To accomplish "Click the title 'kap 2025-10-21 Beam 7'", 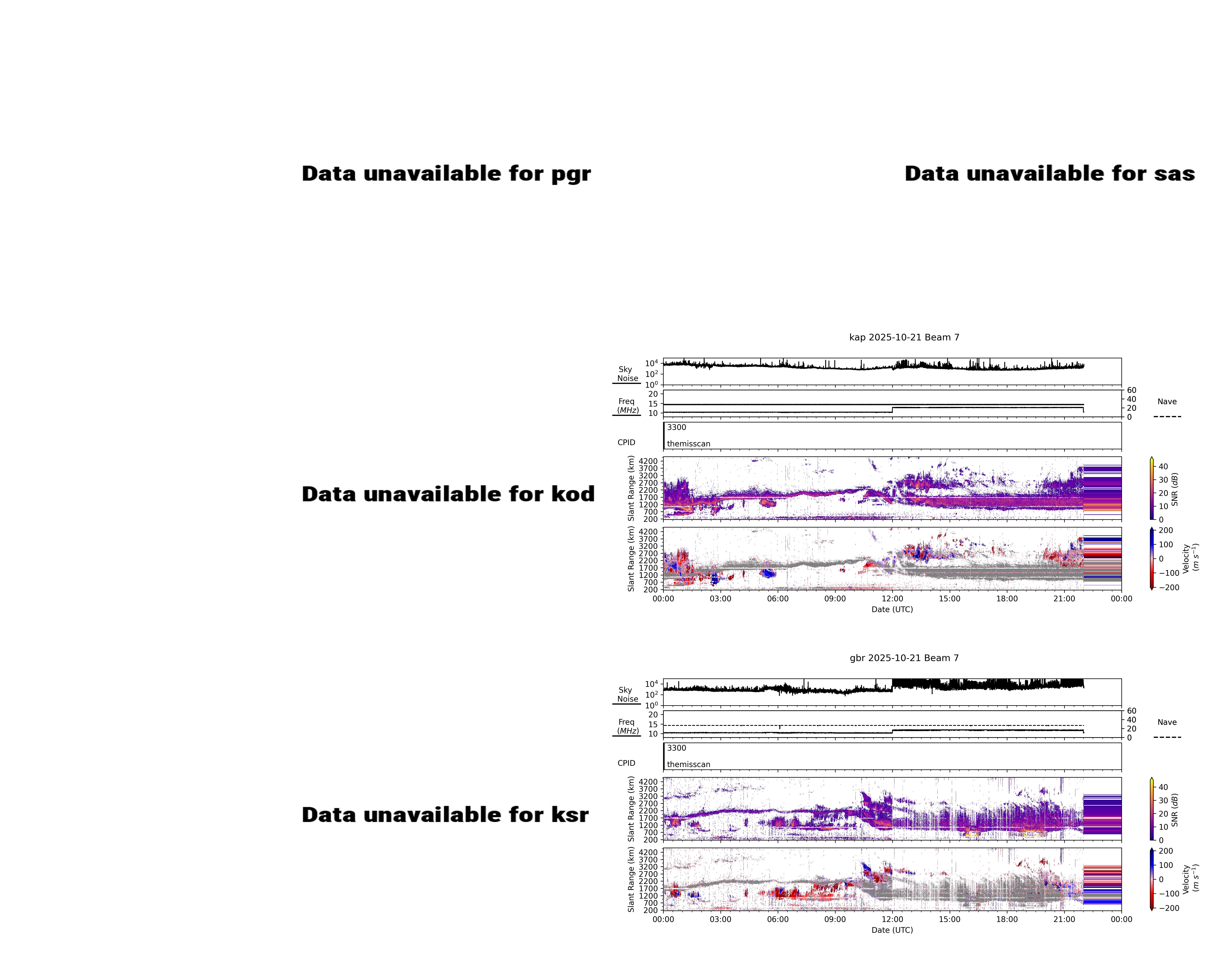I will click(904, 337).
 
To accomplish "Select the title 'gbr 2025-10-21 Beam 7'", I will click(904, 658).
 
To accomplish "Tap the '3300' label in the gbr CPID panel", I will click(676, 748).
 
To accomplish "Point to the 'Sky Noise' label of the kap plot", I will click(627, 374).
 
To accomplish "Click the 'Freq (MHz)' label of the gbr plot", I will click(627, 726).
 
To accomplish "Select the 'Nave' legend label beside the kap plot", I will click(1167, 402).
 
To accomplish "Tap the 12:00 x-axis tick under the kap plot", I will click(892, 598).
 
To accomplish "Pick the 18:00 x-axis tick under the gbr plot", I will click(1007, 919).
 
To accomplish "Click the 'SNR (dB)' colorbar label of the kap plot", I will click(1175, 489).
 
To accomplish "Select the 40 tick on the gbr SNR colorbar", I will click(1163, 787).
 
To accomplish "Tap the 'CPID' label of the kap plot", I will click(626, 442).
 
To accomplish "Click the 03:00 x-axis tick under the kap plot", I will click(720, 598).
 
